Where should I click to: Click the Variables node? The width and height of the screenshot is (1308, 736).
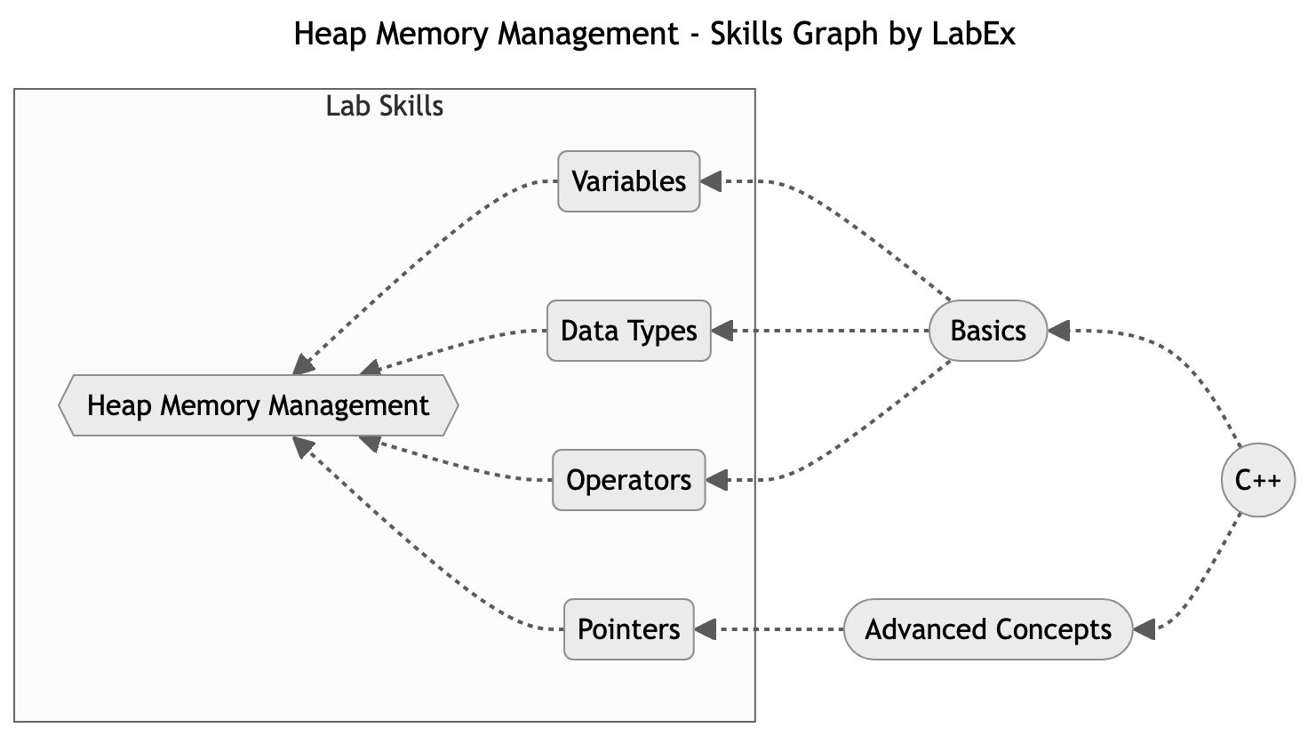point(628,181)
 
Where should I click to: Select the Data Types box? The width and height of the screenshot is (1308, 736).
point(628,331)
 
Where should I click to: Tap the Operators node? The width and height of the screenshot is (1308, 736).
point(628,480)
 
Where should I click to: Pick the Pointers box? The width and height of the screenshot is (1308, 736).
point(628,629)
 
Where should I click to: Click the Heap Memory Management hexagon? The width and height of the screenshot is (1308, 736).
point(258,405)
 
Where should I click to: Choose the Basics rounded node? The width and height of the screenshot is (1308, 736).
point(987,331)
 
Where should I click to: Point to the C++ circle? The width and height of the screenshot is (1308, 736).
point(1257,480)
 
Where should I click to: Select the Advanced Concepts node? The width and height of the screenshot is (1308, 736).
point(987,629)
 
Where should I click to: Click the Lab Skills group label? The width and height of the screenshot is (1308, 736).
point(384,107)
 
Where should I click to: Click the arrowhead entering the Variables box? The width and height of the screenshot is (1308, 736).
point(712,181)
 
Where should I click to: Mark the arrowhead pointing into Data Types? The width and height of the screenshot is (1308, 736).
point(722,331)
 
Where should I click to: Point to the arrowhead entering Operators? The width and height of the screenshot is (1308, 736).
point(717,480)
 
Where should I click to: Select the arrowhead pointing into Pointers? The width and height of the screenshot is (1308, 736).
point(706,629)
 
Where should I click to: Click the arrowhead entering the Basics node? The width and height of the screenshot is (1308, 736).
point(1059,331)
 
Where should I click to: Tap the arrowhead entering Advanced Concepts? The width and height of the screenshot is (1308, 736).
point(1144,629)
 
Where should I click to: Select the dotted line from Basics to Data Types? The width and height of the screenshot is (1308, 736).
point(826,331)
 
